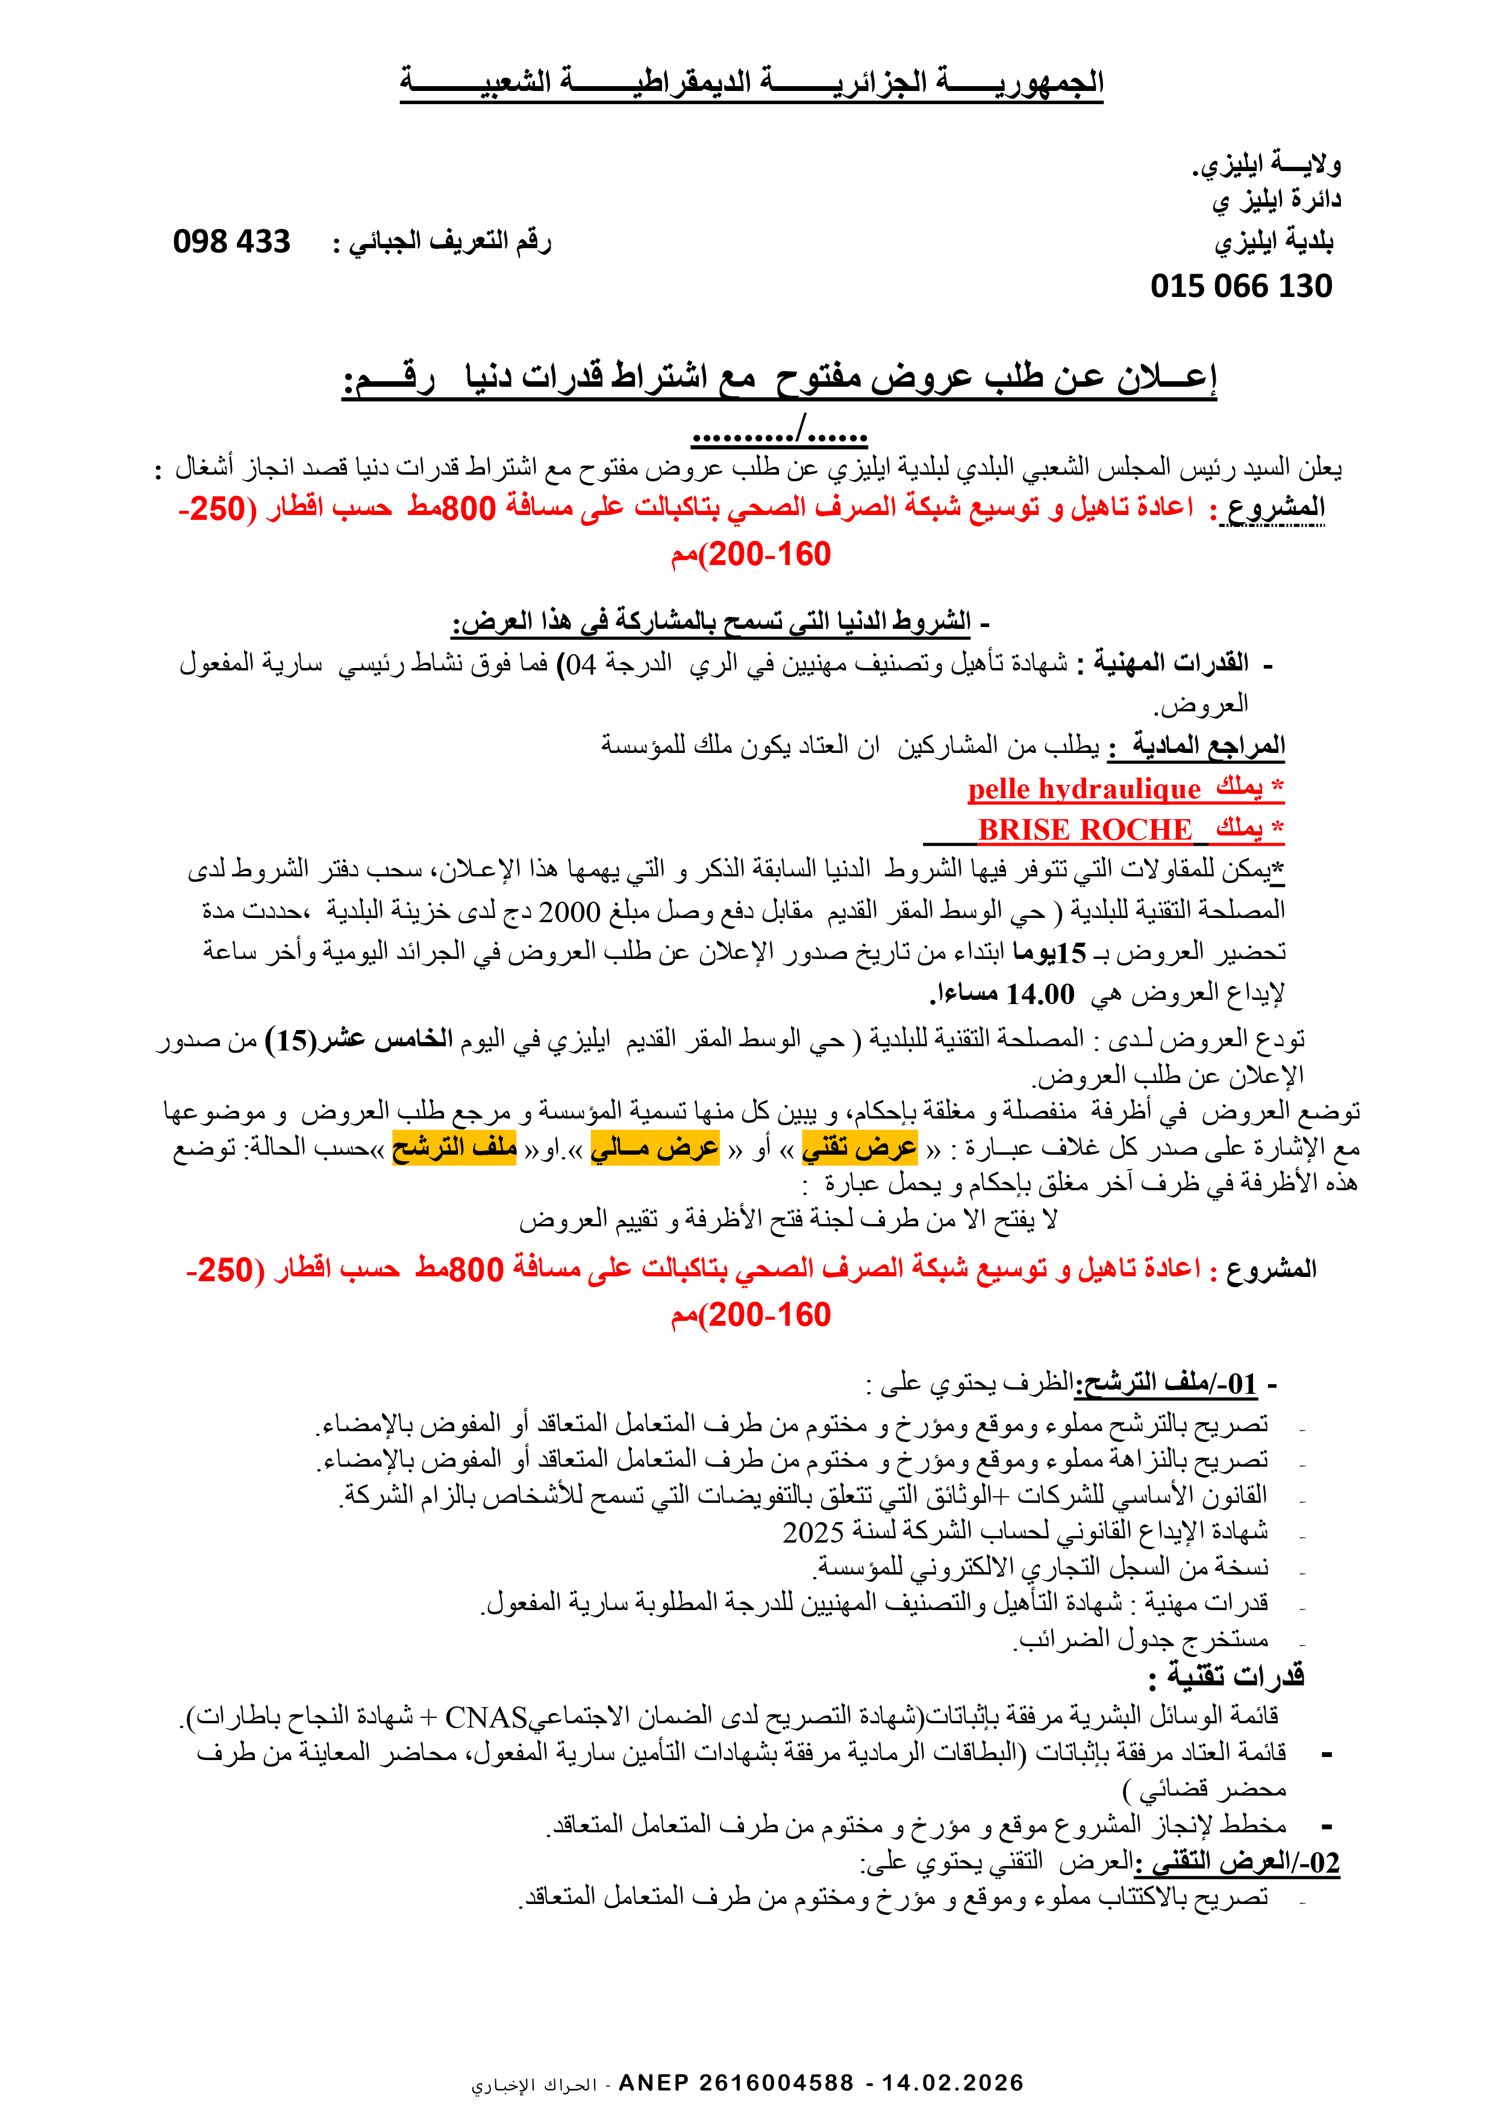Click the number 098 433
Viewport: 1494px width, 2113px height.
(x=231, y=241)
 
